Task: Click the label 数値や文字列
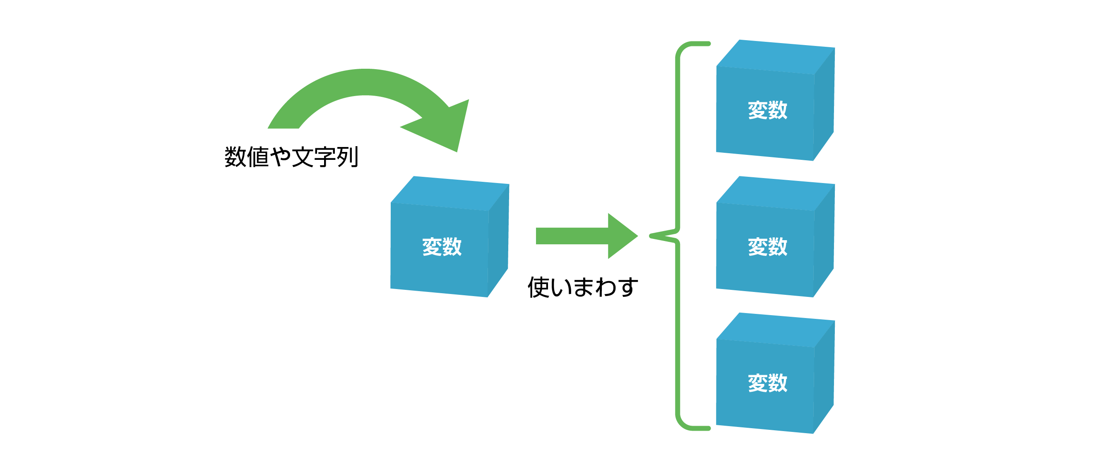coord(291,157)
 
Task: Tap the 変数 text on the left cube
coord(442,247)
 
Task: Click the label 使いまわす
coord(583,287)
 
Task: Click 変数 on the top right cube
coord(767,110)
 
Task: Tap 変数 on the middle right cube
coord(767,247)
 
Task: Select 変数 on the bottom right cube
coord(767,383)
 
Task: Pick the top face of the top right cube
coord(776,57)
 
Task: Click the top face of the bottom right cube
coord(776,330)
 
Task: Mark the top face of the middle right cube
coord(776,193)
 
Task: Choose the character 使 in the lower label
coord(539,287)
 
